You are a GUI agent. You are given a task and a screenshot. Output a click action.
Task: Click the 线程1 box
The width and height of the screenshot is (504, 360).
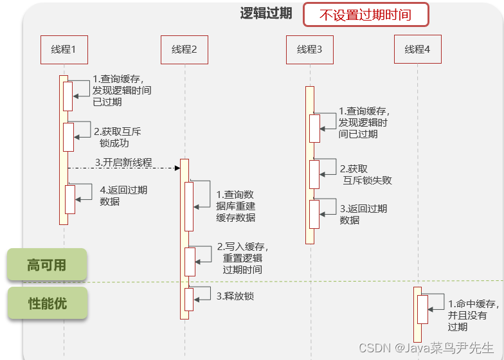(x=64, y=50)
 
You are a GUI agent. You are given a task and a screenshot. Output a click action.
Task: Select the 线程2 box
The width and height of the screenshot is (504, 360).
(x=184, y=50)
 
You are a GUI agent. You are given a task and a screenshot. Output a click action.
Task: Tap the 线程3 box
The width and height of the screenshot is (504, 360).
(x=310, y=50)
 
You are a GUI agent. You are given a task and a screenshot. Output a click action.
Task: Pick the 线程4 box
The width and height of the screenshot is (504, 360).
(x=418, y=50)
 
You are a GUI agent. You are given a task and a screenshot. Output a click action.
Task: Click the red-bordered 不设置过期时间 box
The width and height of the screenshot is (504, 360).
(x=365, y=15)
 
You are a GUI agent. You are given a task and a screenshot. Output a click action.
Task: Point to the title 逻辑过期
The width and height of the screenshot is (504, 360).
(x=266, y=14)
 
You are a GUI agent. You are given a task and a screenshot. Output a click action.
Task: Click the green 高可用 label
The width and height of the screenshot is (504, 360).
(x=47, y=265)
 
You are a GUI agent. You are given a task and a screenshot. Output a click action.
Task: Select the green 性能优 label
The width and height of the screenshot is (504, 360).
(x=47, y=303)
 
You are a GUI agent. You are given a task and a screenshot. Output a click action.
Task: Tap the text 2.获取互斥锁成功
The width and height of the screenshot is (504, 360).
(x=117, y=137)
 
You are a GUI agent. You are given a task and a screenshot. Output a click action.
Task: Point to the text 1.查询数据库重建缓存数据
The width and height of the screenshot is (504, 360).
(x=235, y=206)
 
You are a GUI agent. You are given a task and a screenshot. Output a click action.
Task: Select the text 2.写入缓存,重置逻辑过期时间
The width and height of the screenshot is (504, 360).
(x=242, y=258)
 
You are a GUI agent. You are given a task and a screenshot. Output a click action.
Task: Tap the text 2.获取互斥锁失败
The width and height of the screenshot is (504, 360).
(x=365, y=174)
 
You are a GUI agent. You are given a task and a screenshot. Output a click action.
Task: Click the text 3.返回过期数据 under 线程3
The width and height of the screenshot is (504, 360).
(x=363, y=214)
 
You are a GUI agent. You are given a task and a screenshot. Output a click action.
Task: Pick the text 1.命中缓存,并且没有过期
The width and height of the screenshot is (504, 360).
(x=473, y=315)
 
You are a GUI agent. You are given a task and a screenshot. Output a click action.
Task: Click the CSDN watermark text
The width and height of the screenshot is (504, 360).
(x=426, y=348)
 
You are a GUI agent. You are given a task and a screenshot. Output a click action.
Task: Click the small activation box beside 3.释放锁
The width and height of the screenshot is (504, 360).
(x=189, y=299)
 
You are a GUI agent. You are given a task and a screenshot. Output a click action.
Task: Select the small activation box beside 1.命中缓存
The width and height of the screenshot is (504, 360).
(x=422, y=309)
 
